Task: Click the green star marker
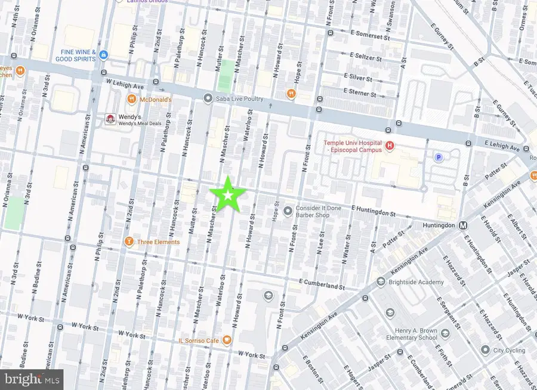tap(227, 194)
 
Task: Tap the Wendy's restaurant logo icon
tap(110, 119)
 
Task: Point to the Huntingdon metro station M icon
tap(462, 225)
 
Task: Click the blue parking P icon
tap(439, 157)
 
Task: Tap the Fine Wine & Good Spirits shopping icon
tap(104, 55)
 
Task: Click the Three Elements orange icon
tap(128, 242)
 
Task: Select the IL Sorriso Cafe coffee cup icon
tap(226, 340)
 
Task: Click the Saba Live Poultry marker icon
tap(208, 98)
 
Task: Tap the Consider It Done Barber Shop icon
tap(288, 211)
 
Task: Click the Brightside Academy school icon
tap(381, 282)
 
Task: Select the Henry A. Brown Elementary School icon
tap(443, 331)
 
